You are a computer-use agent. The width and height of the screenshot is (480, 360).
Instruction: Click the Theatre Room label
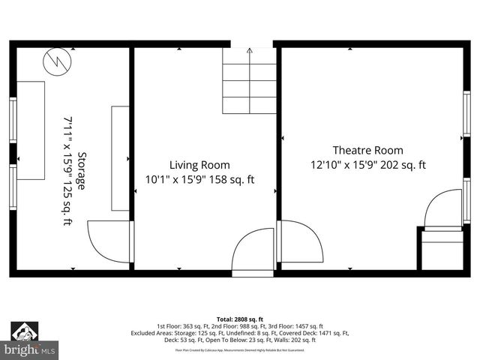[367, 150]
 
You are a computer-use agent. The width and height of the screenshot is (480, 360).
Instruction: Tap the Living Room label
[199, 165]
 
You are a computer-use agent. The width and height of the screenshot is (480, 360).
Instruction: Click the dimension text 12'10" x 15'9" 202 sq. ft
[367, 165]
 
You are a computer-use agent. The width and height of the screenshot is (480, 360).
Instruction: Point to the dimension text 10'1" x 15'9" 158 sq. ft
[199, 180]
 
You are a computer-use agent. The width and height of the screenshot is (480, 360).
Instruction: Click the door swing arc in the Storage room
[109, 241]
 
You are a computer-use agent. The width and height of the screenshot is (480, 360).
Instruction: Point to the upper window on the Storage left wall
[13, 120]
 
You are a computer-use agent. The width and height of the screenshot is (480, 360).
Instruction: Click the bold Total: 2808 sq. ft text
[240, 319]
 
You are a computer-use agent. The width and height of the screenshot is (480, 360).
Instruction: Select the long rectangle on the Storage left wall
[31, 130]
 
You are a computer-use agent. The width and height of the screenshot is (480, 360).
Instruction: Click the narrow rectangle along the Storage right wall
[120, 158]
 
